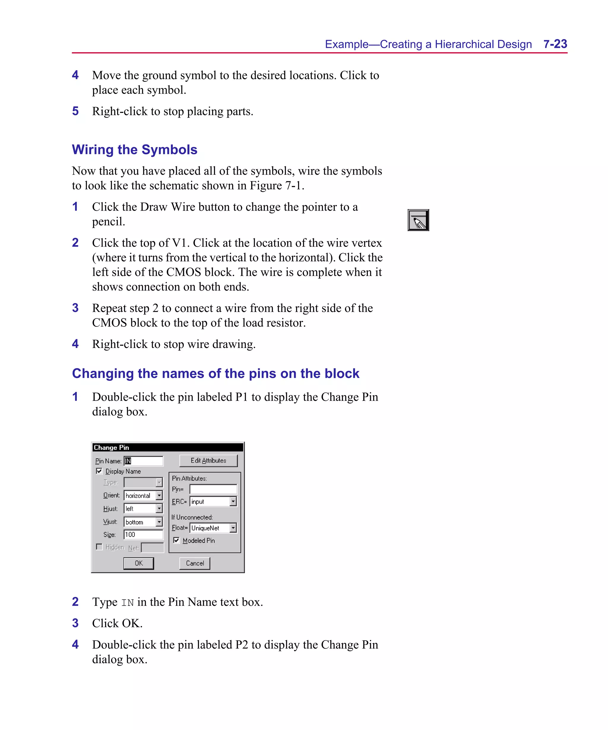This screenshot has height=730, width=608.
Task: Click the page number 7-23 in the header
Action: pyautogui.click(x=555, y=44)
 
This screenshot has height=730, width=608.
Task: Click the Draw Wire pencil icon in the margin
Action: pyautogui.click(x=418, y=220)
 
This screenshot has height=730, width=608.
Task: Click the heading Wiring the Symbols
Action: pyautogui.click(x=134, y=150)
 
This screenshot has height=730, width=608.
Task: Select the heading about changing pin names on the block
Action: pyautogui.click(x=216, y=373)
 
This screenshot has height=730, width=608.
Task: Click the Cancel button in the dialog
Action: pyautogui.click(x=194, y=563)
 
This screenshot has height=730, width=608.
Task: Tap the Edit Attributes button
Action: pyautogui.click(x=208, y=461)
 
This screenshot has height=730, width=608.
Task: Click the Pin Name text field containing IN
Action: pyautogui.click(x=143, y=461)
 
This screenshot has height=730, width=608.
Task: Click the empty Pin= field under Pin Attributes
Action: pyautogui.click(x=213, y=489)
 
